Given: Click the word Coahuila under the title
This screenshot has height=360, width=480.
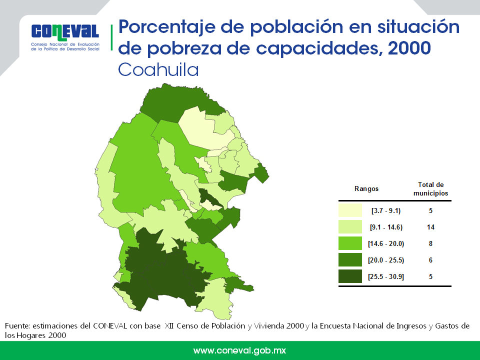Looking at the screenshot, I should (158, 69).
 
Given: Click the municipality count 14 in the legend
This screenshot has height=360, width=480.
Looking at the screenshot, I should (430, 227).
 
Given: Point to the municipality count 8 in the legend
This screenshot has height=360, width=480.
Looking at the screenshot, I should (430, 243).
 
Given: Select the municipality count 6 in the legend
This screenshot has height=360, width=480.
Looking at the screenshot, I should (430, 260).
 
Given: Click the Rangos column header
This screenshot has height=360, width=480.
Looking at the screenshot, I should (366, 188).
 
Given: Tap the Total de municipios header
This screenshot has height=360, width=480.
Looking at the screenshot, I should (430, 188).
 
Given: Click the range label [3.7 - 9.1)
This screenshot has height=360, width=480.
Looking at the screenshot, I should (386, 210).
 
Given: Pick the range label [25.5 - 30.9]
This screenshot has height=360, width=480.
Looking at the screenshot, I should (386, 276).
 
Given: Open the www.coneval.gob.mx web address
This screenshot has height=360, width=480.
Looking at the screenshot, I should (239, 350).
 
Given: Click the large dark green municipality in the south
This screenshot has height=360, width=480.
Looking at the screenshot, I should (160, 270).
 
